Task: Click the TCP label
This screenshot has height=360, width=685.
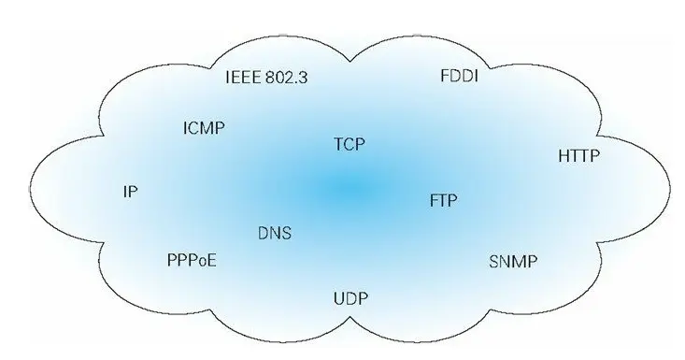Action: click(349, 144)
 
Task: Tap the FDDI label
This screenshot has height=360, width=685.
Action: click(459, 76)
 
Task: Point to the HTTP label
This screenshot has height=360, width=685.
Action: click(578, 156)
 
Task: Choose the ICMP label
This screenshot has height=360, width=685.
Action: click(204, 127)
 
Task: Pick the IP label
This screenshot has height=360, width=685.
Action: click(131, 192)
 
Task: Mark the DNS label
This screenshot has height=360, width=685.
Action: click(274, 233)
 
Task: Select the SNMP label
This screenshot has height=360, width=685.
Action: click(513, 262)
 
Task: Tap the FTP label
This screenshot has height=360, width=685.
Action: click(444, 201)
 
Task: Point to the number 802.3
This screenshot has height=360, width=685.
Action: click(287, 76)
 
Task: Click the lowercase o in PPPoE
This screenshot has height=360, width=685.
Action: click(201, 261)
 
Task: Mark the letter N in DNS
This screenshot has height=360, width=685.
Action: click(274, 233)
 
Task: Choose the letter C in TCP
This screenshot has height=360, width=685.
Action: click(349, 144)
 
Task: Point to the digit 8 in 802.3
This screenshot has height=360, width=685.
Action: click(272, 76)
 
